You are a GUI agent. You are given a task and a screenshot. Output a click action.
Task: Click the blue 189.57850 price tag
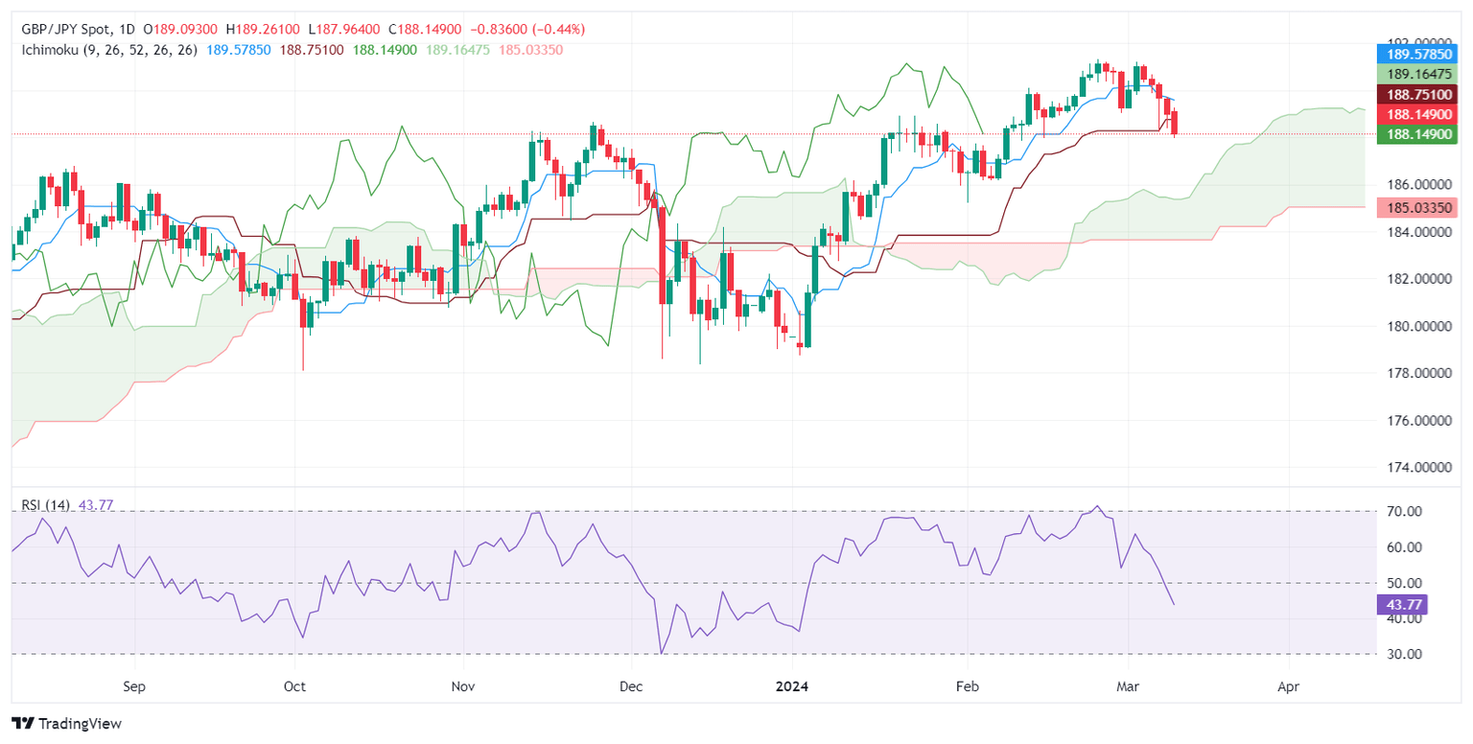coord(1416,53)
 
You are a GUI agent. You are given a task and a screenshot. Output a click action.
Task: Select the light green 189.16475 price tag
coord(1416,73)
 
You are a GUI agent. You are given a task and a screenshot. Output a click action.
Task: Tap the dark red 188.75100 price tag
coord(1416,94)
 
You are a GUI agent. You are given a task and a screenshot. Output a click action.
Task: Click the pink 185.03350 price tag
coord(1416,207)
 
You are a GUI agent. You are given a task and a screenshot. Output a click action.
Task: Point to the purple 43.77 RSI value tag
coord(1401,604)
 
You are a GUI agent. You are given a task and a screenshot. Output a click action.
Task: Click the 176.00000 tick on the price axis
coord(1413,421)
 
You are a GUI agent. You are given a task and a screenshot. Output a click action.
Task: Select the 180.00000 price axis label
coord(1413,327)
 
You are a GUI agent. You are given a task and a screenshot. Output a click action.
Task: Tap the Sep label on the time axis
coord(135,687)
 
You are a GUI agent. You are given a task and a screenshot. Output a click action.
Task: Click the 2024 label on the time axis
coord(792,687)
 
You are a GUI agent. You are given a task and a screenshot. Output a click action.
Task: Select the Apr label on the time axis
coord(1289,687)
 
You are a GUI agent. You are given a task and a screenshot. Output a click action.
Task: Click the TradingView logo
coord(66,724)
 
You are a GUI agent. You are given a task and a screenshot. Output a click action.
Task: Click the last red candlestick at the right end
coord(1175,122)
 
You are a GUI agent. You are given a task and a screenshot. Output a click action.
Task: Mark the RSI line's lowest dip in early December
coord(662,653)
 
